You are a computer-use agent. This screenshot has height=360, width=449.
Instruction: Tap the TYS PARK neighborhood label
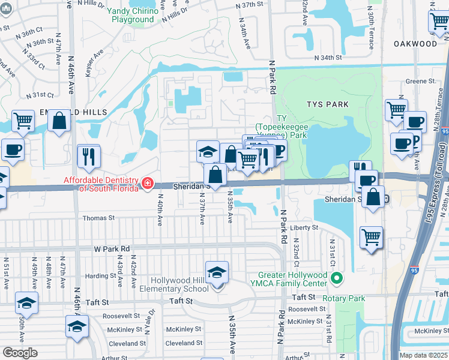327,104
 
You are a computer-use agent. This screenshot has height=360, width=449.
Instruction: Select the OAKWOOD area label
415,44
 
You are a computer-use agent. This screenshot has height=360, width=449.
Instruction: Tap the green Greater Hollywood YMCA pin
336,278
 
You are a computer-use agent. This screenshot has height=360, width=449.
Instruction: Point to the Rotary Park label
343,298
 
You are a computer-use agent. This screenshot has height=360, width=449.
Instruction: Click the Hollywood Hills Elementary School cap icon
217,273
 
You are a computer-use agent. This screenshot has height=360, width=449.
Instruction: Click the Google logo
20,352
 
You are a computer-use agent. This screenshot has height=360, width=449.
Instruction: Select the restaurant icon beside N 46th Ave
89,156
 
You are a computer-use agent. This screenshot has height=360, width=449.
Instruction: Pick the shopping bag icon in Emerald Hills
59,121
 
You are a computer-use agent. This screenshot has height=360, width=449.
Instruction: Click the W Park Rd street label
112,248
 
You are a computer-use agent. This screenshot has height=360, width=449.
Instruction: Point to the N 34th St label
333,58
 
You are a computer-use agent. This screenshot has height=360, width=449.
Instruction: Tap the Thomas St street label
98,218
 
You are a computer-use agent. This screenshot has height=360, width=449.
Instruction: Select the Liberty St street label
304,228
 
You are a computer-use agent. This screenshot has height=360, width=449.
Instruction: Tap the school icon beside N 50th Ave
26,304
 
